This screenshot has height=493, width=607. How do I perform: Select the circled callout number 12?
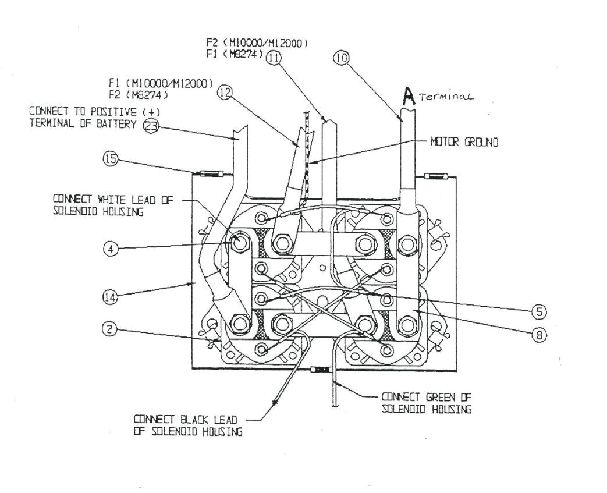224,92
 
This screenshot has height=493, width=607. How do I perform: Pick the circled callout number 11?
273,57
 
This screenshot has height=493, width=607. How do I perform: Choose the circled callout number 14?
111,297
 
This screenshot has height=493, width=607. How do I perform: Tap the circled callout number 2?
111,329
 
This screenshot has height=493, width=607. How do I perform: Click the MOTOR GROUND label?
464,141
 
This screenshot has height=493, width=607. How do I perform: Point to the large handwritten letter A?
410,97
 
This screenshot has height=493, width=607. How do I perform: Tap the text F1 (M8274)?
236,54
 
